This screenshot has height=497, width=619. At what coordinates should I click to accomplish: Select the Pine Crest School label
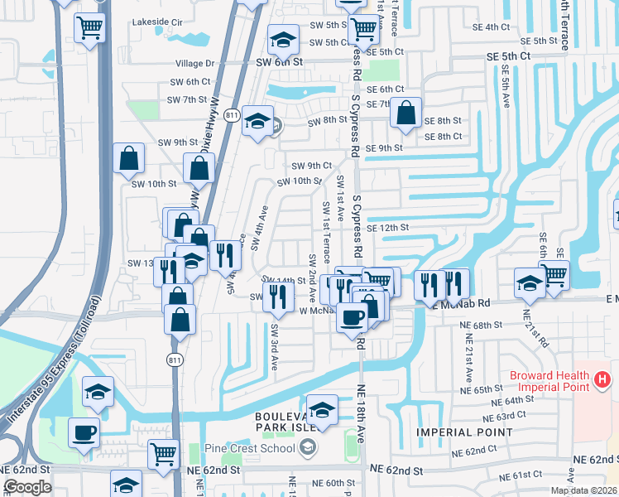[x=249, y=448]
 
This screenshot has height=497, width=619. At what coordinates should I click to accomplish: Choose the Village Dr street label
[x=194, y=63]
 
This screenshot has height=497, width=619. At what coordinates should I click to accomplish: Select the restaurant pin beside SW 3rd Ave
[x=279, y=296]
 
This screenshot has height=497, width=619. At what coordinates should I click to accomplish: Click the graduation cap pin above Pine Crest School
[x=322, y=408]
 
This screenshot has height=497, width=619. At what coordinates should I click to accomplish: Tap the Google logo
[x=27, y=487]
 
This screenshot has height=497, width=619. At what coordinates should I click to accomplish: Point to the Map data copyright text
[x=583, y=490]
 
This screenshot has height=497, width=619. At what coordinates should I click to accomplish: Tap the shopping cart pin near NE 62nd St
[x=163, y=454]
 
